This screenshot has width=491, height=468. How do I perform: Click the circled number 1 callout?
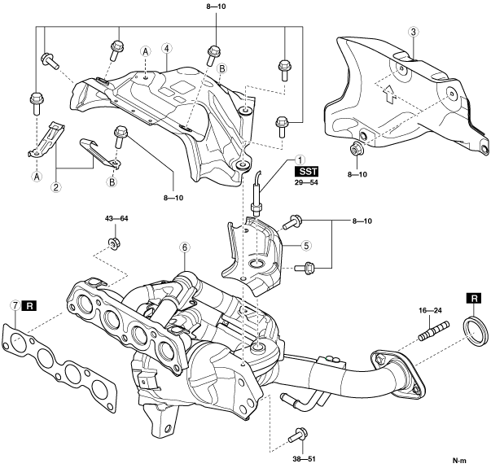coord(300,160)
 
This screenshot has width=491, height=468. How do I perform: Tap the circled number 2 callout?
coord(56,187)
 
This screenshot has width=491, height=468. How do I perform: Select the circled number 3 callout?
coord(414,32)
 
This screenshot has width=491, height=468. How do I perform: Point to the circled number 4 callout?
coord(167,49)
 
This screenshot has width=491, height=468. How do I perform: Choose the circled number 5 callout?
coord(306,246)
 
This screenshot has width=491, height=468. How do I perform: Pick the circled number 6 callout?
coord(185,247)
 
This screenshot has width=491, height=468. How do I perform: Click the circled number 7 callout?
coord(15,305)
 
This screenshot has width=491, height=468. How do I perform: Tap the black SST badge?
coord(306,172)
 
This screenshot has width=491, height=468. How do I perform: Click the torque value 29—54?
coord(306,182)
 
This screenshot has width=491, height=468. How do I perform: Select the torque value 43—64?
coord(116,218)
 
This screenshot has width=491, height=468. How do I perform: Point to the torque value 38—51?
coord(304,459)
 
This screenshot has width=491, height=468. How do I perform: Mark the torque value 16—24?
coord(430,311)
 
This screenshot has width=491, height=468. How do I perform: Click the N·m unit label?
coord(459,461)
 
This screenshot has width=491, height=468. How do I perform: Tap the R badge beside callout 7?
coord(29,306)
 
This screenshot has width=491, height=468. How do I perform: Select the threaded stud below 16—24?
coord(434,331)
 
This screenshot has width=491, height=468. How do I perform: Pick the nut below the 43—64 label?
coord(114,243)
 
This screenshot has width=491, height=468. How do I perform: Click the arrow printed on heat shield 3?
coord(388,94)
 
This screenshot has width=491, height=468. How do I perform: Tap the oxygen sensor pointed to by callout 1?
coord(256,194)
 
